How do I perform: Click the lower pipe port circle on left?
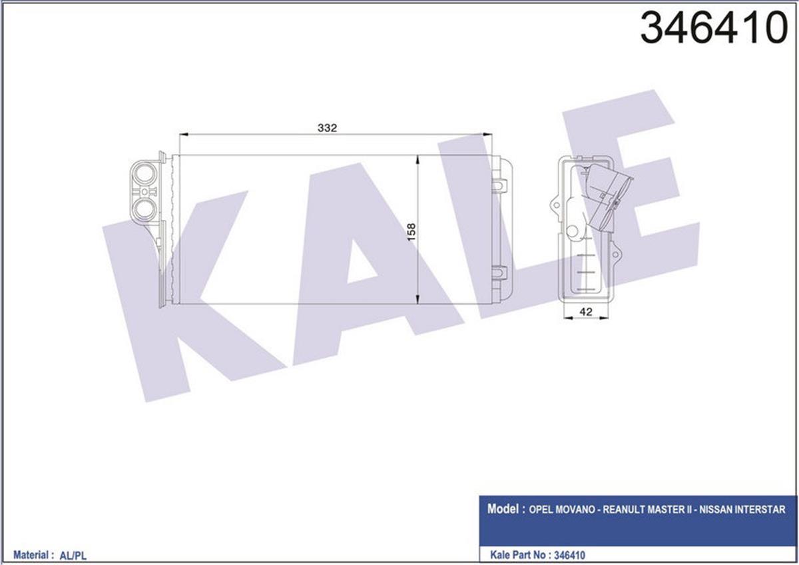[x=144, y=211]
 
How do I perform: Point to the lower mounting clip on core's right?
[x=499, y=272]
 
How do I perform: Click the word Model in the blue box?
[x=503, y=509]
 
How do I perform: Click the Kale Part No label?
[x=517, y=554]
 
